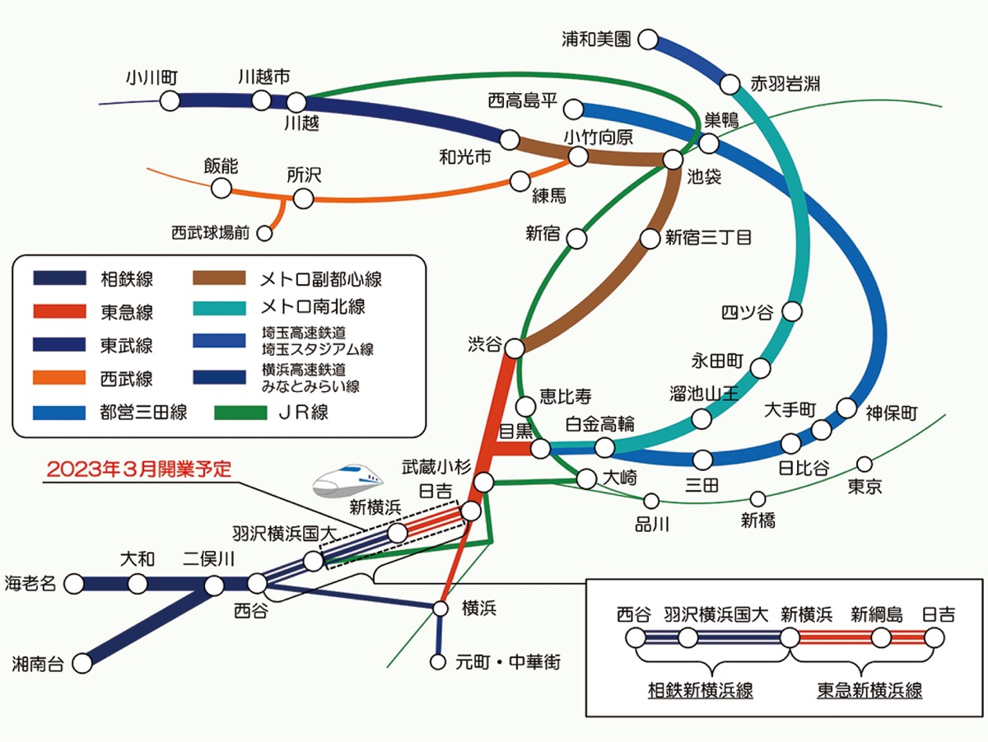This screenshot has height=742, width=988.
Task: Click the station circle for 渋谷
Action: [x=514, y=348]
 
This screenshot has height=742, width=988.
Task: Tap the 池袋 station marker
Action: [x=673, y=159]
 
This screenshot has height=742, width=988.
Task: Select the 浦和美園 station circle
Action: [x=649, y=40]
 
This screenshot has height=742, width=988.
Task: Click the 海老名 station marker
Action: [x=73, y=584]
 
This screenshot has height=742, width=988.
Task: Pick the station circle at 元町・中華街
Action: [x=439, y=661]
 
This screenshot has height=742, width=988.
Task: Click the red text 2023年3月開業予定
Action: [x=139, y=469]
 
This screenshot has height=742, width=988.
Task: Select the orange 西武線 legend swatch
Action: [x=59, y=378]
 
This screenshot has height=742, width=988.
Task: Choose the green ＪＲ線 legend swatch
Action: [x=240, y=413]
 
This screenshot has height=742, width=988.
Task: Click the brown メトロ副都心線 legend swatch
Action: [x=219, y=278]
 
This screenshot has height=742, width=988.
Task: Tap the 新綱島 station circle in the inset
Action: [x=880, y=637]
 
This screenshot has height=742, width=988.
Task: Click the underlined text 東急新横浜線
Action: [x=869, y=690]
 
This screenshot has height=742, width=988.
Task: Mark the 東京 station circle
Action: [x=864, y=464]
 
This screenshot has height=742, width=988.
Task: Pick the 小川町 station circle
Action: [x=170, y=101]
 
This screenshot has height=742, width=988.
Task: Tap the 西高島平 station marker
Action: [x=575, y=109]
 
